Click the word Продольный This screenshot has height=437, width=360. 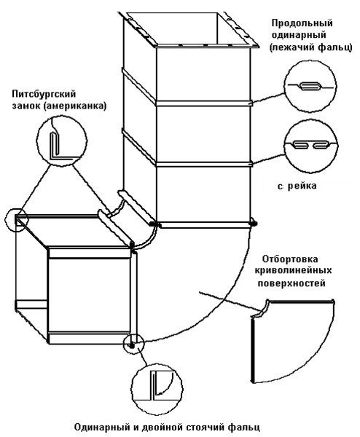point(302,23)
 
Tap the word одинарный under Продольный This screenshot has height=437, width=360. point(299,35)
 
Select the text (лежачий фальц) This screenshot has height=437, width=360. point(310,47)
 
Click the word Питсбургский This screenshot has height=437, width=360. point(44,94)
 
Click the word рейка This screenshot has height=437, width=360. point(302,186)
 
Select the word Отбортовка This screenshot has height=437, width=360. point(290,259)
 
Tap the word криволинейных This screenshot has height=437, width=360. point(294,271)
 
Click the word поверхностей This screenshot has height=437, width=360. point(291,283)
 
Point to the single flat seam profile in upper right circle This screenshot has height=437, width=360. point(310,87)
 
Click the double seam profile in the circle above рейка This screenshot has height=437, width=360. point(311,145)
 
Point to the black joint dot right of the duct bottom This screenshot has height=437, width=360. point(254,223)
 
